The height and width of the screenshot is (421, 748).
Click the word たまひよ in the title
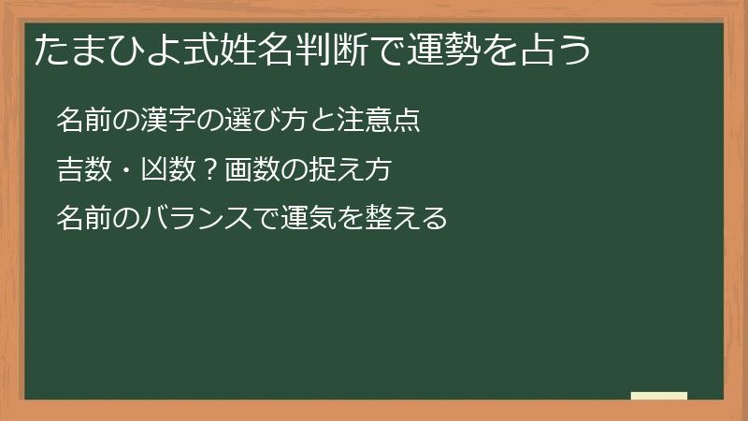coord(99,51)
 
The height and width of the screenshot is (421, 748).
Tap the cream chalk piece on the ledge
coord(659,396)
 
